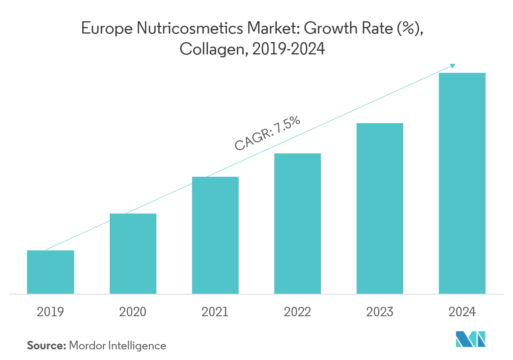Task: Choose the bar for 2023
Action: (x=380, y=208)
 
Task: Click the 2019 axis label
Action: (x=50, y=312)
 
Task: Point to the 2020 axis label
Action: (x=133, y=312)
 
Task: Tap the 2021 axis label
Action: (x=215, y=312)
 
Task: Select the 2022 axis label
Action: (x=298, y=312)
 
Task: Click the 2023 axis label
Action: (x=380, y=312)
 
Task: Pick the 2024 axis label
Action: (x=462, y=312)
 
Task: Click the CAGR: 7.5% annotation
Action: (x=267, y=133)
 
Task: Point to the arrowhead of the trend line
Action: (x=453, y=65)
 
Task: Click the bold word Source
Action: (x=46, y=346)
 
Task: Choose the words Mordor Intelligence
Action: (x=118, y=346)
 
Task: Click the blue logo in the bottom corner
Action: (x=471, y=339)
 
